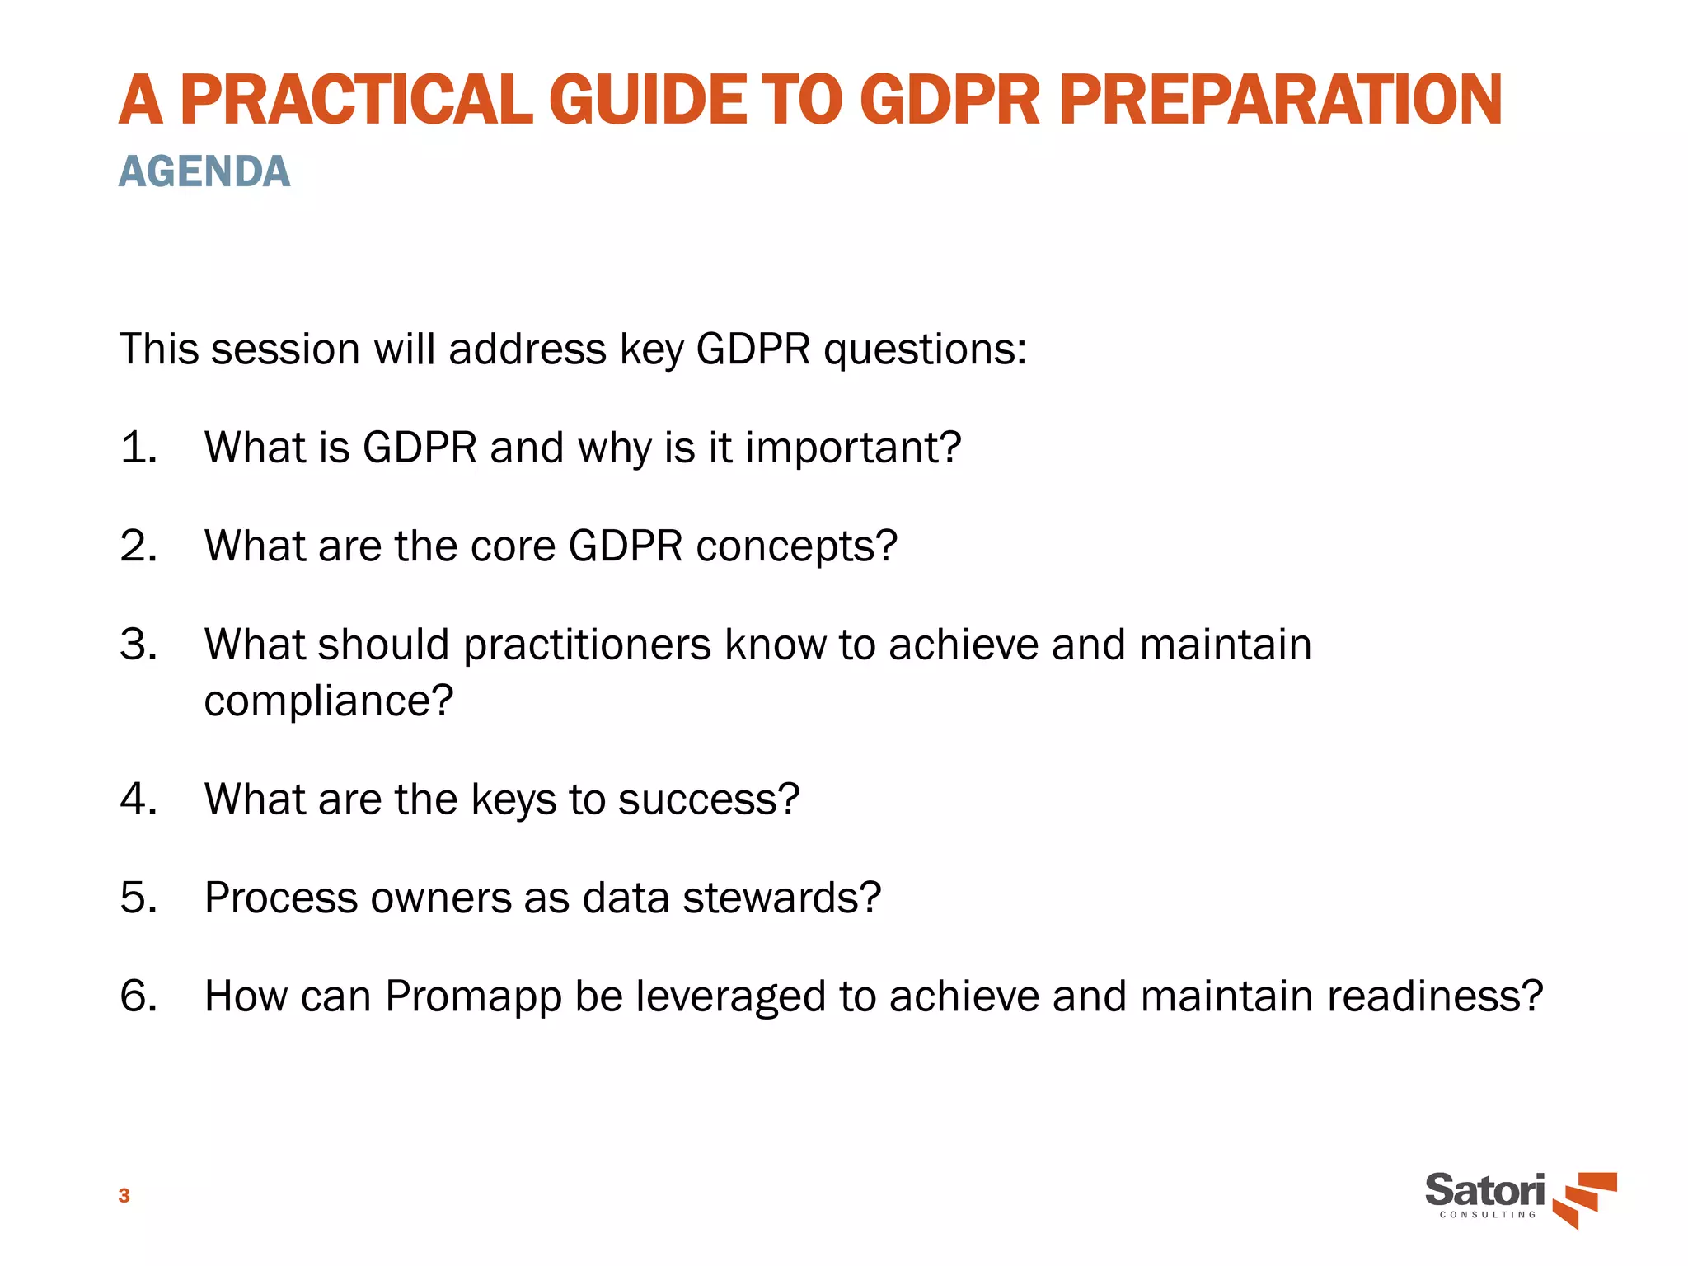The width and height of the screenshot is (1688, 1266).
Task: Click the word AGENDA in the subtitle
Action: [x=204, y=171]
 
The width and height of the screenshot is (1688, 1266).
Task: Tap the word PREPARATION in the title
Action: [x=1280, y=101]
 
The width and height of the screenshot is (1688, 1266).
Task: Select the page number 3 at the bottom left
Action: [x=124, y=1195]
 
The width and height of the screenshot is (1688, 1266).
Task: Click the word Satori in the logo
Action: [x=1484, y=1190]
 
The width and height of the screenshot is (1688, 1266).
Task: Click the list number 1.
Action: [x=137, y=448]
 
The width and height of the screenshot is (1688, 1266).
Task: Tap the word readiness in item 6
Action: [x=1433, y=996]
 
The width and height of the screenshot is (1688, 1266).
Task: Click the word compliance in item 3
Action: [x=327, y=701]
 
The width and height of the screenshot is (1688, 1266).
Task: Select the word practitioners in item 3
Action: [x=588, y=645]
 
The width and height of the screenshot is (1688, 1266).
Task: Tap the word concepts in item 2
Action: [x=795, y=546]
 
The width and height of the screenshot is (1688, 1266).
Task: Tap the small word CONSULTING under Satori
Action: [x=1488, y=1215]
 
